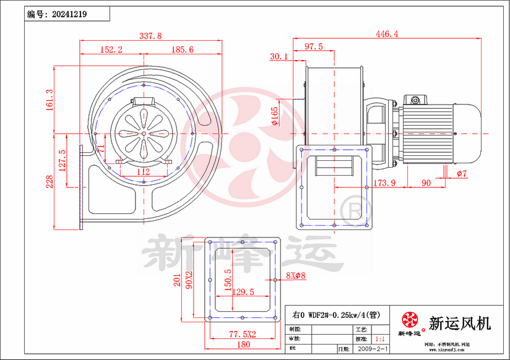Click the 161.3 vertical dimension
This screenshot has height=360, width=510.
(x=50, y=100)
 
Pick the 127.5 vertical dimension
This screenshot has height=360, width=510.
(x=62, y=160)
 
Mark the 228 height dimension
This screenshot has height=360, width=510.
(x=50, y=181)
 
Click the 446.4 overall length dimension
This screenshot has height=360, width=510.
(x=387, y=34)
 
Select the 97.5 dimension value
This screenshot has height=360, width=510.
(x=313, y=46)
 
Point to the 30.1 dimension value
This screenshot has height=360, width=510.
(x=280, y=56)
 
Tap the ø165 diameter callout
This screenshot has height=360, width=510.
(x=274, y=114)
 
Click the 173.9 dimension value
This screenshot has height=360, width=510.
(x=384, y=183)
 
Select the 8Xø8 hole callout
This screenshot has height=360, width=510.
(x=296, y=275)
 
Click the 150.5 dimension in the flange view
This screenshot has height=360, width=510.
(x=228, y=280)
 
